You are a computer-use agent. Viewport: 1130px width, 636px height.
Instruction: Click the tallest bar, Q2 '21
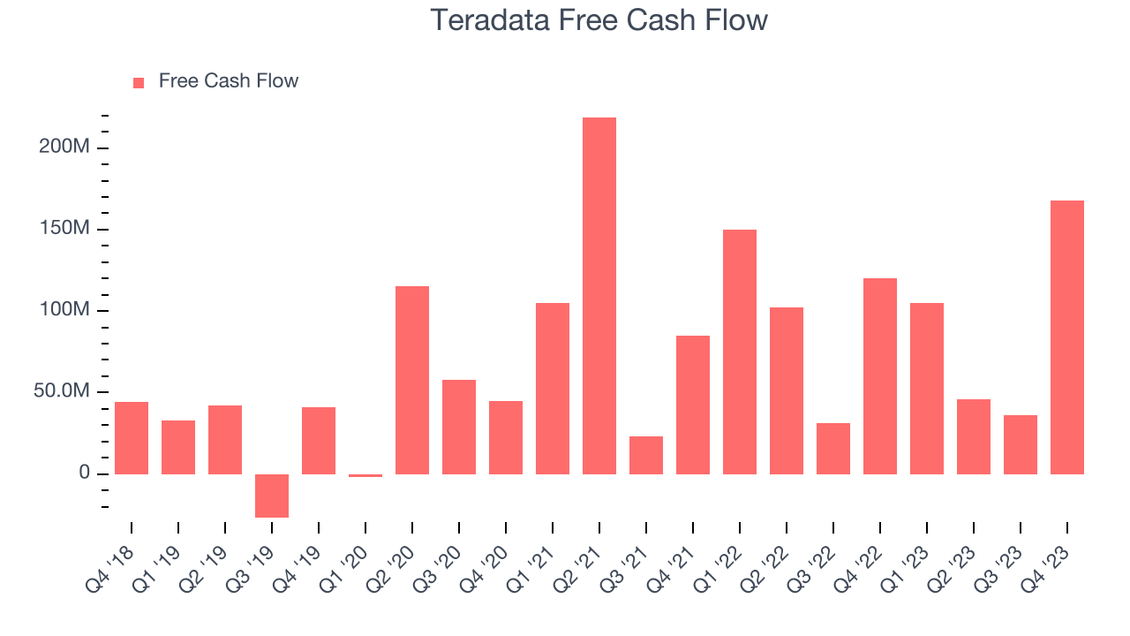(599, 296)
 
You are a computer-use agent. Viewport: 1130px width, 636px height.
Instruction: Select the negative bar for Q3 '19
(272, 496)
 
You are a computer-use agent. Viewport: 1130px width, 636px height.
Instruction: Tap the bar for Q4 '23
(1067, 337)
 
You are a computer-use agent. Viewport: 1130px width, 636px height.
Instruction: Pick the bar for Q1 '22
(740, 352)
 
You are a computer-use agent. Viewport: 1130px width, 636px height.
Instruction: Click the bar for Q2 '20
(412, 380)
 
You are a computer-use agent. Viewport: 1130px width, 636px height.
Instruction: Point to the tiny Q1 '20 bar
(365, 475)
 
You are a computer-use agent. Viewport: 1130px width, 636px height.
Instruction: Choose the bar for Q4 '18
(132, 438)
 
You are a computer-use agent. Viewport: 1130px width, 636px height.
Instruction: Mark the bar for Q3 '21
(646, 455)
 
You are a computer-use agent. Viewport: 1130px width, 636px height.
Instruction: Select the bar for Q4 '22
(880, 376)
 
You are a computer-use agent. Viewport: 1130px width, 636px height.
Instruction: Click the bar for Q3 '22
(833, 449)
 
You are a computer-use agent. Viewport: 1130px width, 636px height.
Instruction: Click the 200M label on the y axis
(64, 147)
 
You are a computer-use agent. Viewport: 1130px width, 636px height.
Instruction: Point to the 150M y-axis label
(64, 229)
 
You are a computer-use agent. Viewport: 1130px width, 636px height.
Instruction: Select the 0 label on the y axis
(84, 473)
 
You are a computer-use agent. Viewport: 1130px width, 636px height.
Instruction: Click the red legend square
(139, 82)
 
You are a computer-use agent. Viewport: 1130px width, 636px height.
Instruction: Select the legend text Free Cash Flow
(229, 81)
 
